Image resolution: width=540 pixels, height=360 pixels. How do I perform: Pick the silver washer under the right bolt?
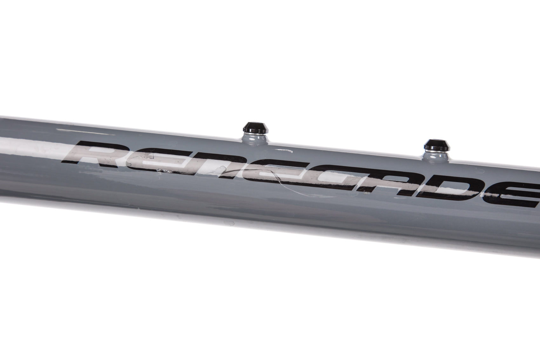pos(436,150)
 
